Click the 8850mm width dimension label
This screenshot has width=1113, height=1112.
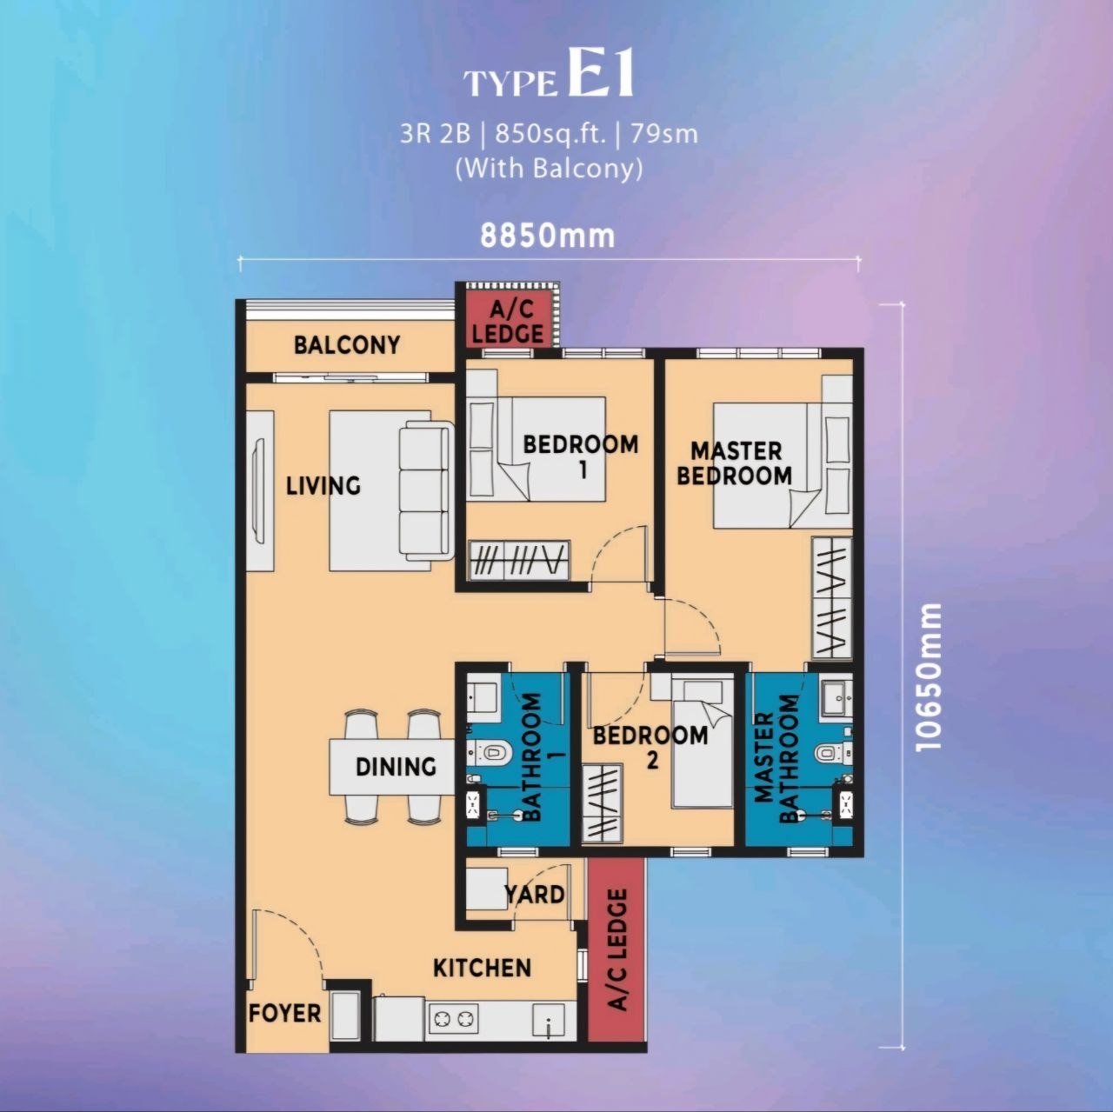coord(548,236)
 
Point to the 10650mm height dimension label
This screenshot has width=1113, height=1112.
coord(929,677)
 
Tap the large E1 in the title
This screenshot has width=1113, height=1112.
coord(601,72)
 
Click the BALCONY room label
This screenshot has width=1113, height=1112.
coord(347,345)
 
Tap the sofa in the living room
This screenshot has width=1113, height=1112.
coord(425,489)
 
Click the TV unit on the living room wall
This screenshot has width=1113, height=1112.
coord(259,490)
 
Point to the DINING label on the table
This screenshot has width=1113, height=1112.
coord(396,767)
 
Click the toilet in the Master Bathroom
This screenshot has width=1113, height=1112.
coord(830,753)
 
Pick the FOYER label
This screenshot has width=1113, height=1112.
coord(284,1013)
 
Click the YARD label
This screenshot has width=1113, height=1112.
coord(534,895)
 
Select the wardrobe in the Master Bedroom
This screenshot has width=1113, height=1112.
coord(832,598)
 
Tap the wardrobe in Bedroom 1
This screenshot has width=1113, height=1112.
coord(519,558)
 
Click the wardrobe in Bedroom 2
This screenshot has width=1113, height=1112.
coord(602,802)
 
